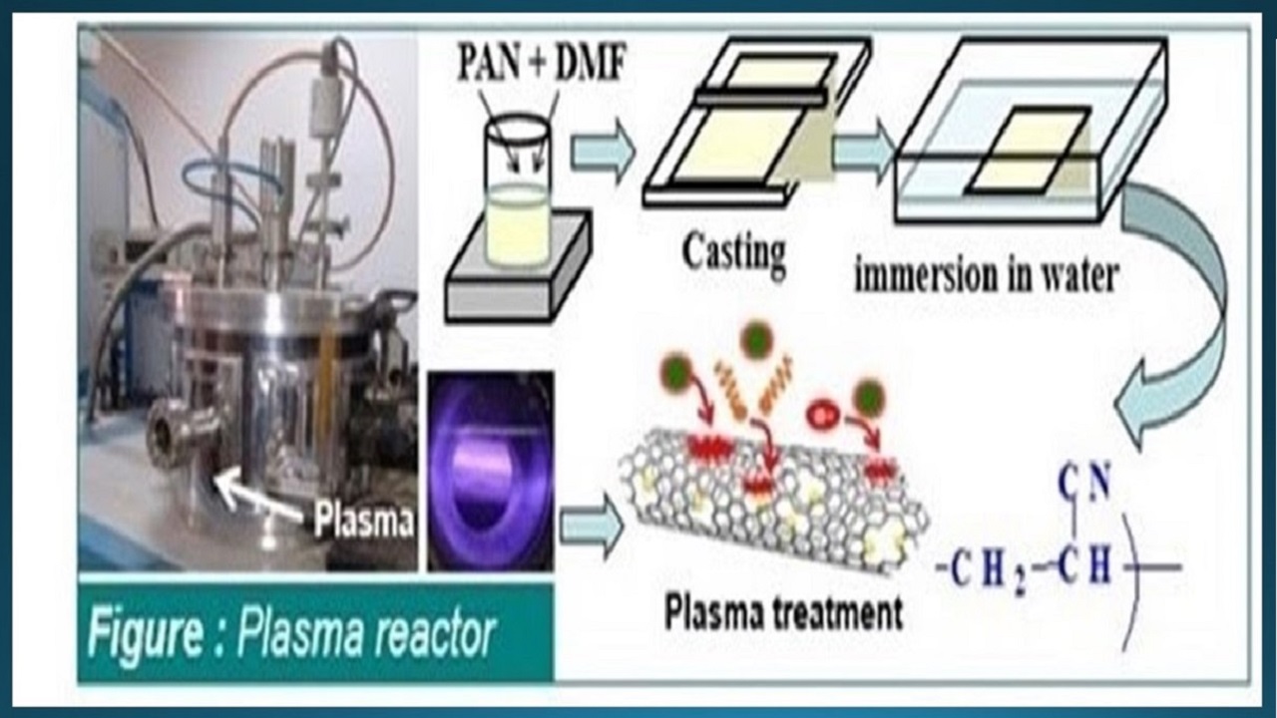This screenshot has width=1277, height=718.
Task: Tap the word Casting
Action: coord(733,251)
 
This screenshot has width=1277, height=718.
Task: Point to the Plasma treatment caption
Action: coord(784,610)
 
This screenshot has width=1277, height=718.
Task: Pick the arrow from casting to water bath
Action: coord(864,151)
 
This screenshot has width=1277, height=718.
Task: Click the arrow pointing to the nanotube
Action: coord(589,525)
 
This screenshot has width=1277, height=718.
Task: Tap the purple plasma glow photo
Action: coord(490,469)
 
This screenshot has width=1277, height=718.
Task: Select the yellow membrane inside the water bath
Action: coord(1028,152)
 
